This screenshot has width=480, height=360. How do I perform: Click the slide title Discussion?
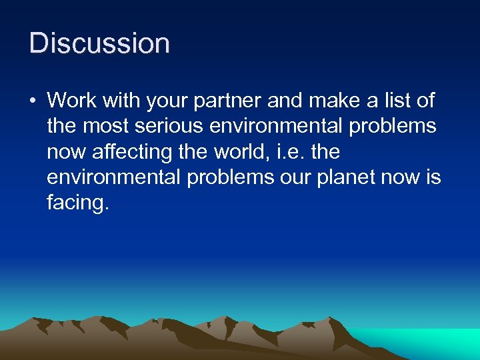point(100,43)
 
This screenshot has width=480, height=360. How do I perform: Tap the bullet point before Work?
point(33,101)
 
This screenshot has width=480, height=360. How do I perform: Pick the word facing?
point(75,203)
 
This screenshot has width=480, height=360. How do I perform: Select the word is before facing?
point(433,177)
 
